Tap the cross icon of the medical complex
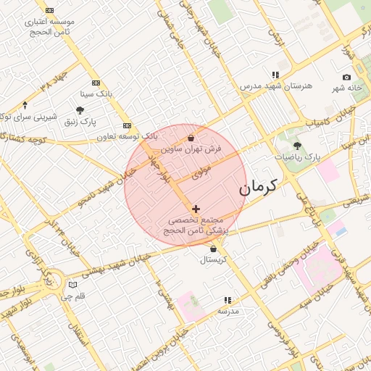(x=196, y=209)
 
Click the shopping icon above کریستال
(x=213, y=249)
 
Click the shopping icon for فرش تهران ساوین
(x=191, y=138)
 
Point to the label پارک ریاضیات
(x=297, y=157)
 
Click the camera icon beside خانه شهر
(x=346, y=77)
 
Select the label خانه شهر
(x=346, y=88)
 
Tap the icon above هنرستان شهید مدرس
(x=275, y=75)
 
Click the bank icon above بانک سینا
(x=96, y=83)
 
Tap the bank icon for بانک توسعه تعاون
(x=127, y=125)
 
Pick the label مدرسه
(x=228, y=311)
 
